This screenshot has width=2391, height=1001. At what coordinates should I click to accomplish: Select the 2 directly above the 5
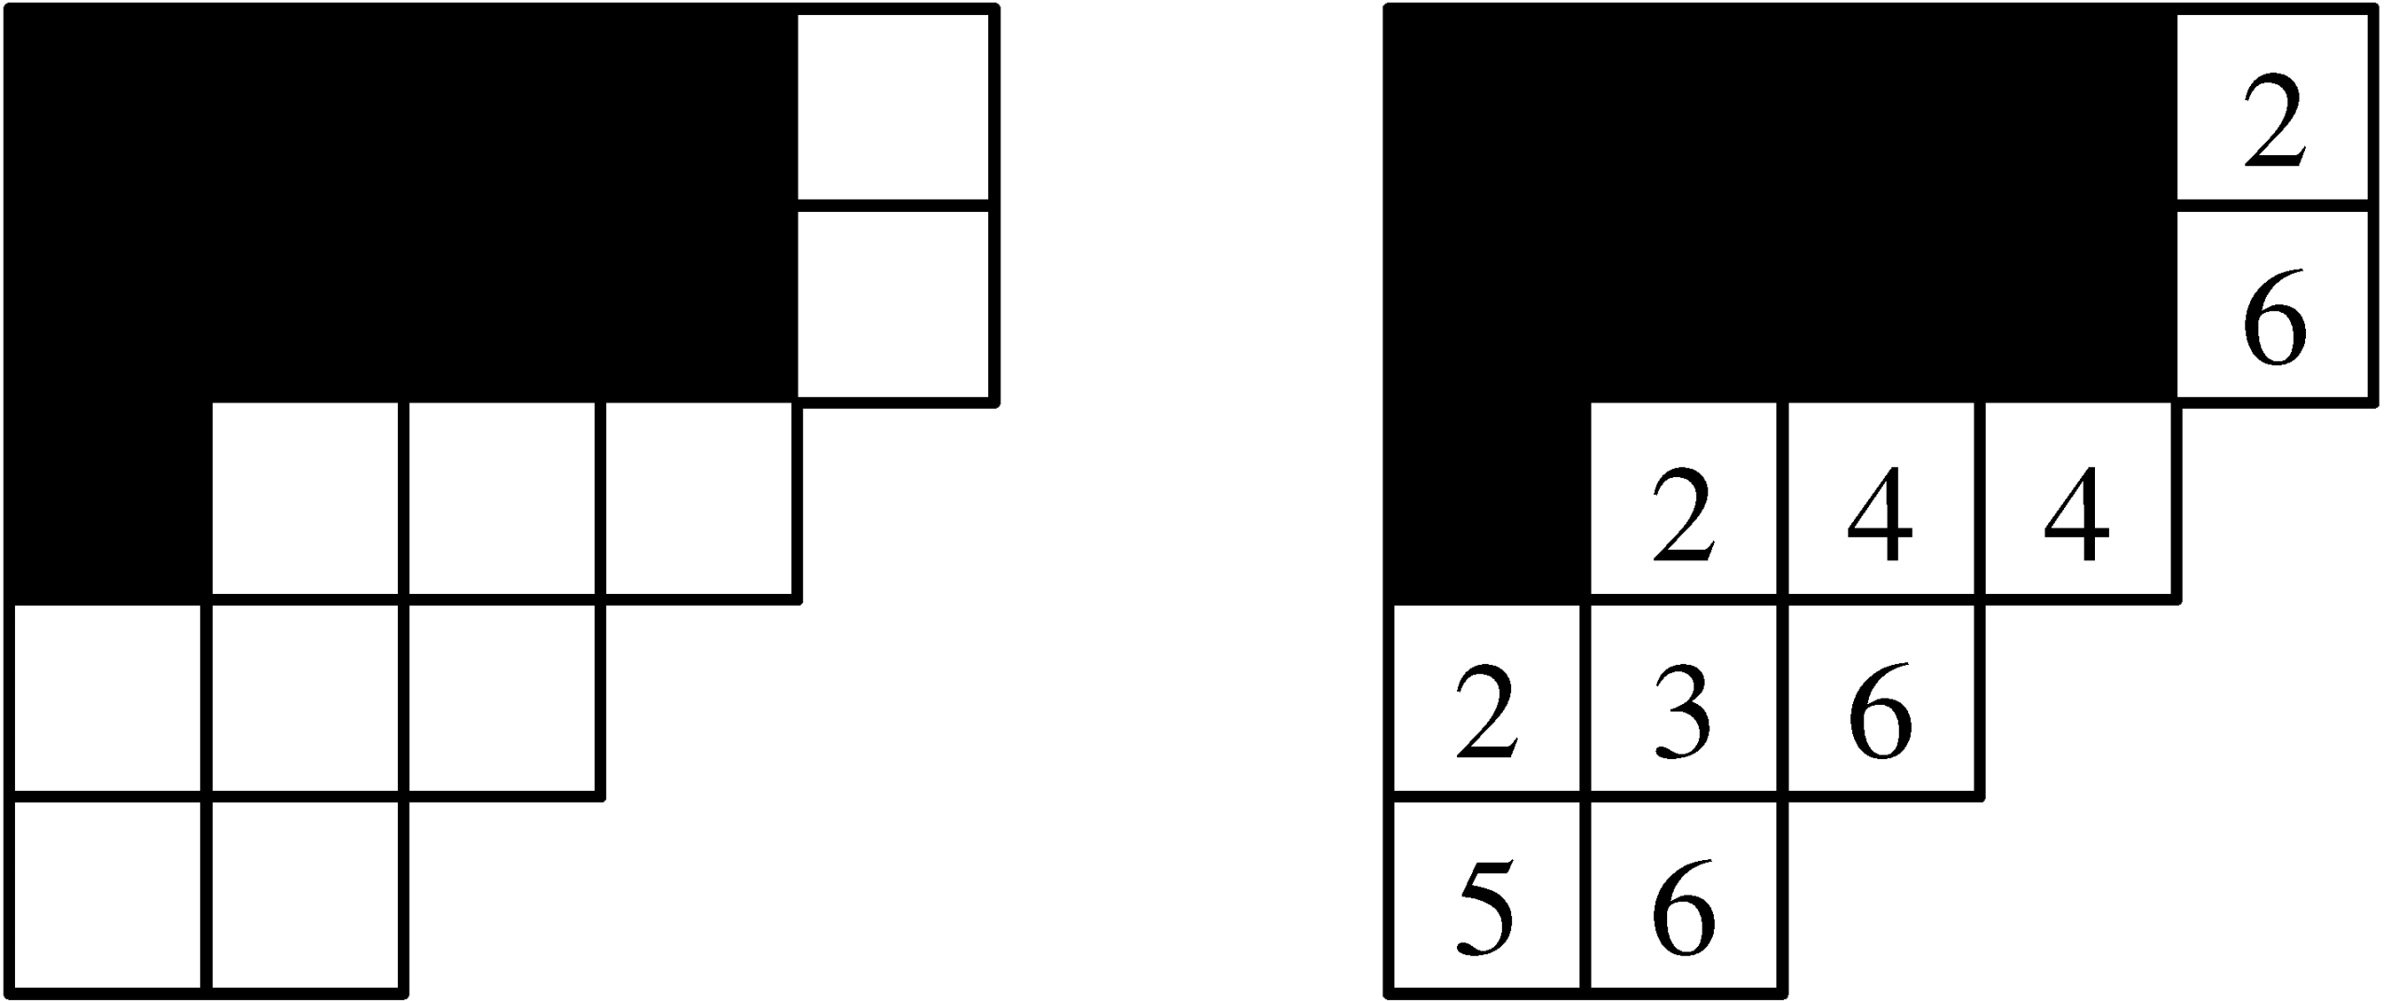(1487, 719)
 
